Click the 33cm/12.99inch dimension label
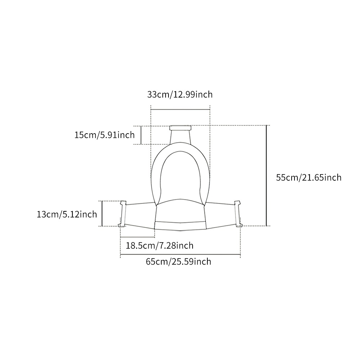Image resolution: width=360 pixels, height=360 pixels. (180, 94)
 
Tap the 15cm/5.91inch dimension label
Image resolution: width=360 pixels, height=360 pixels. (104, 135)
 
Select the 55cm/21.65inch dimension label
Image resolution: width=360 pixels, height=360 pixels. (309, 177)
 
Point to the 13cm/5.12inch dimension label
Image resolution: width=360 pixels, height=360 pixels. (67, 214)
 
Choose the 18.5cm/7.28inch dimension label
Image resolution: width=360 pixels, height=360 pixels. (159, 246)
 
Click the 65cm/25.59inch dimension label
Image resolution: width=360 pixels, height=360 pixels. (179, 261)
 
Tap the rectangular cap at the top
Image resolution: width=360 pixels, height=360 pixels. (180, 128)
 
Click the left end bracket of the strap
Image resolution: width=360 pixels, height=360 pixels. (123, 214)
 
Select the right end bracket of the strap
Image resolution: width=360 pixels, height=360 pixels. (238, 214)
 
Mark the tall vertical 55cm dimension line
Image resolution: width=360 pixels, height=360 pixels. (266, 176)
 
